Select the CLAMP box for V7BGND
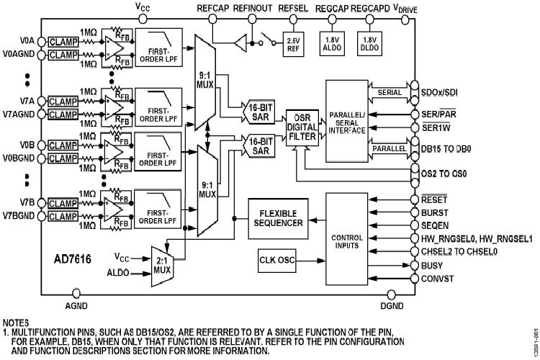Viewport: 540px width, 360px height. (63, 215)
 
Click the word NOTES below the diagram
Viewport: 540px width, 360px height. (18, 322)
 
